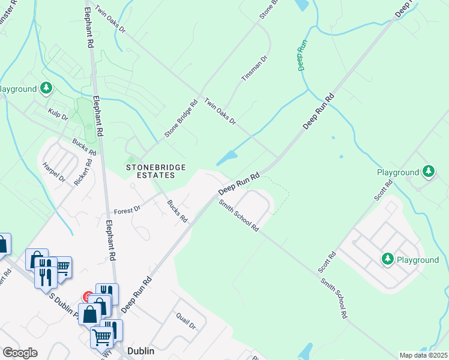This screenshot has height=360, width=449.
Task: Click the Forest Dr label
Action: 127,210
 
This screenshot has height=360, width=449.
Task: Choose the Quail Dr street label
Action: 185,321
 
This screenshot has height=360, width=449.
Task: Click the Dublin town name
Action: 142,350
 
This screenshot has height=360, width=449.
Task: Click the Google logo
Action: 20,352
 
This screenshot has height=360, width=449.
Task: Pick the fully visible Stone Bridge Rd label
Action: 181,119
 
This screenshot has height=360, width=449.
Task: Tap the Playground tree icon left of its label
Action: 388,259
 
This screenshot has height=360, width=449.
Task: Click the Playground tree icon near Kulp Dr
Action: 46,89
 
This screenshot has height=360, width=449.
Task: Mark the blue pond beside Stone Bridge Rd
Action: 226,158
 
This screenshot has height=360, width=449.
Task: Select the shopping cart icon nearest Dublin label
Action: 101,338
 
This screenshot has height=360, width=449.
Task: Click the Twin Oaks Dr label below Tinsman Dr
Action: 220,112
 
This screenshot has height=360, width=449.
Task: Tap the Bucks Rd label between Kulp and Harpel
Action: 84,146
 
